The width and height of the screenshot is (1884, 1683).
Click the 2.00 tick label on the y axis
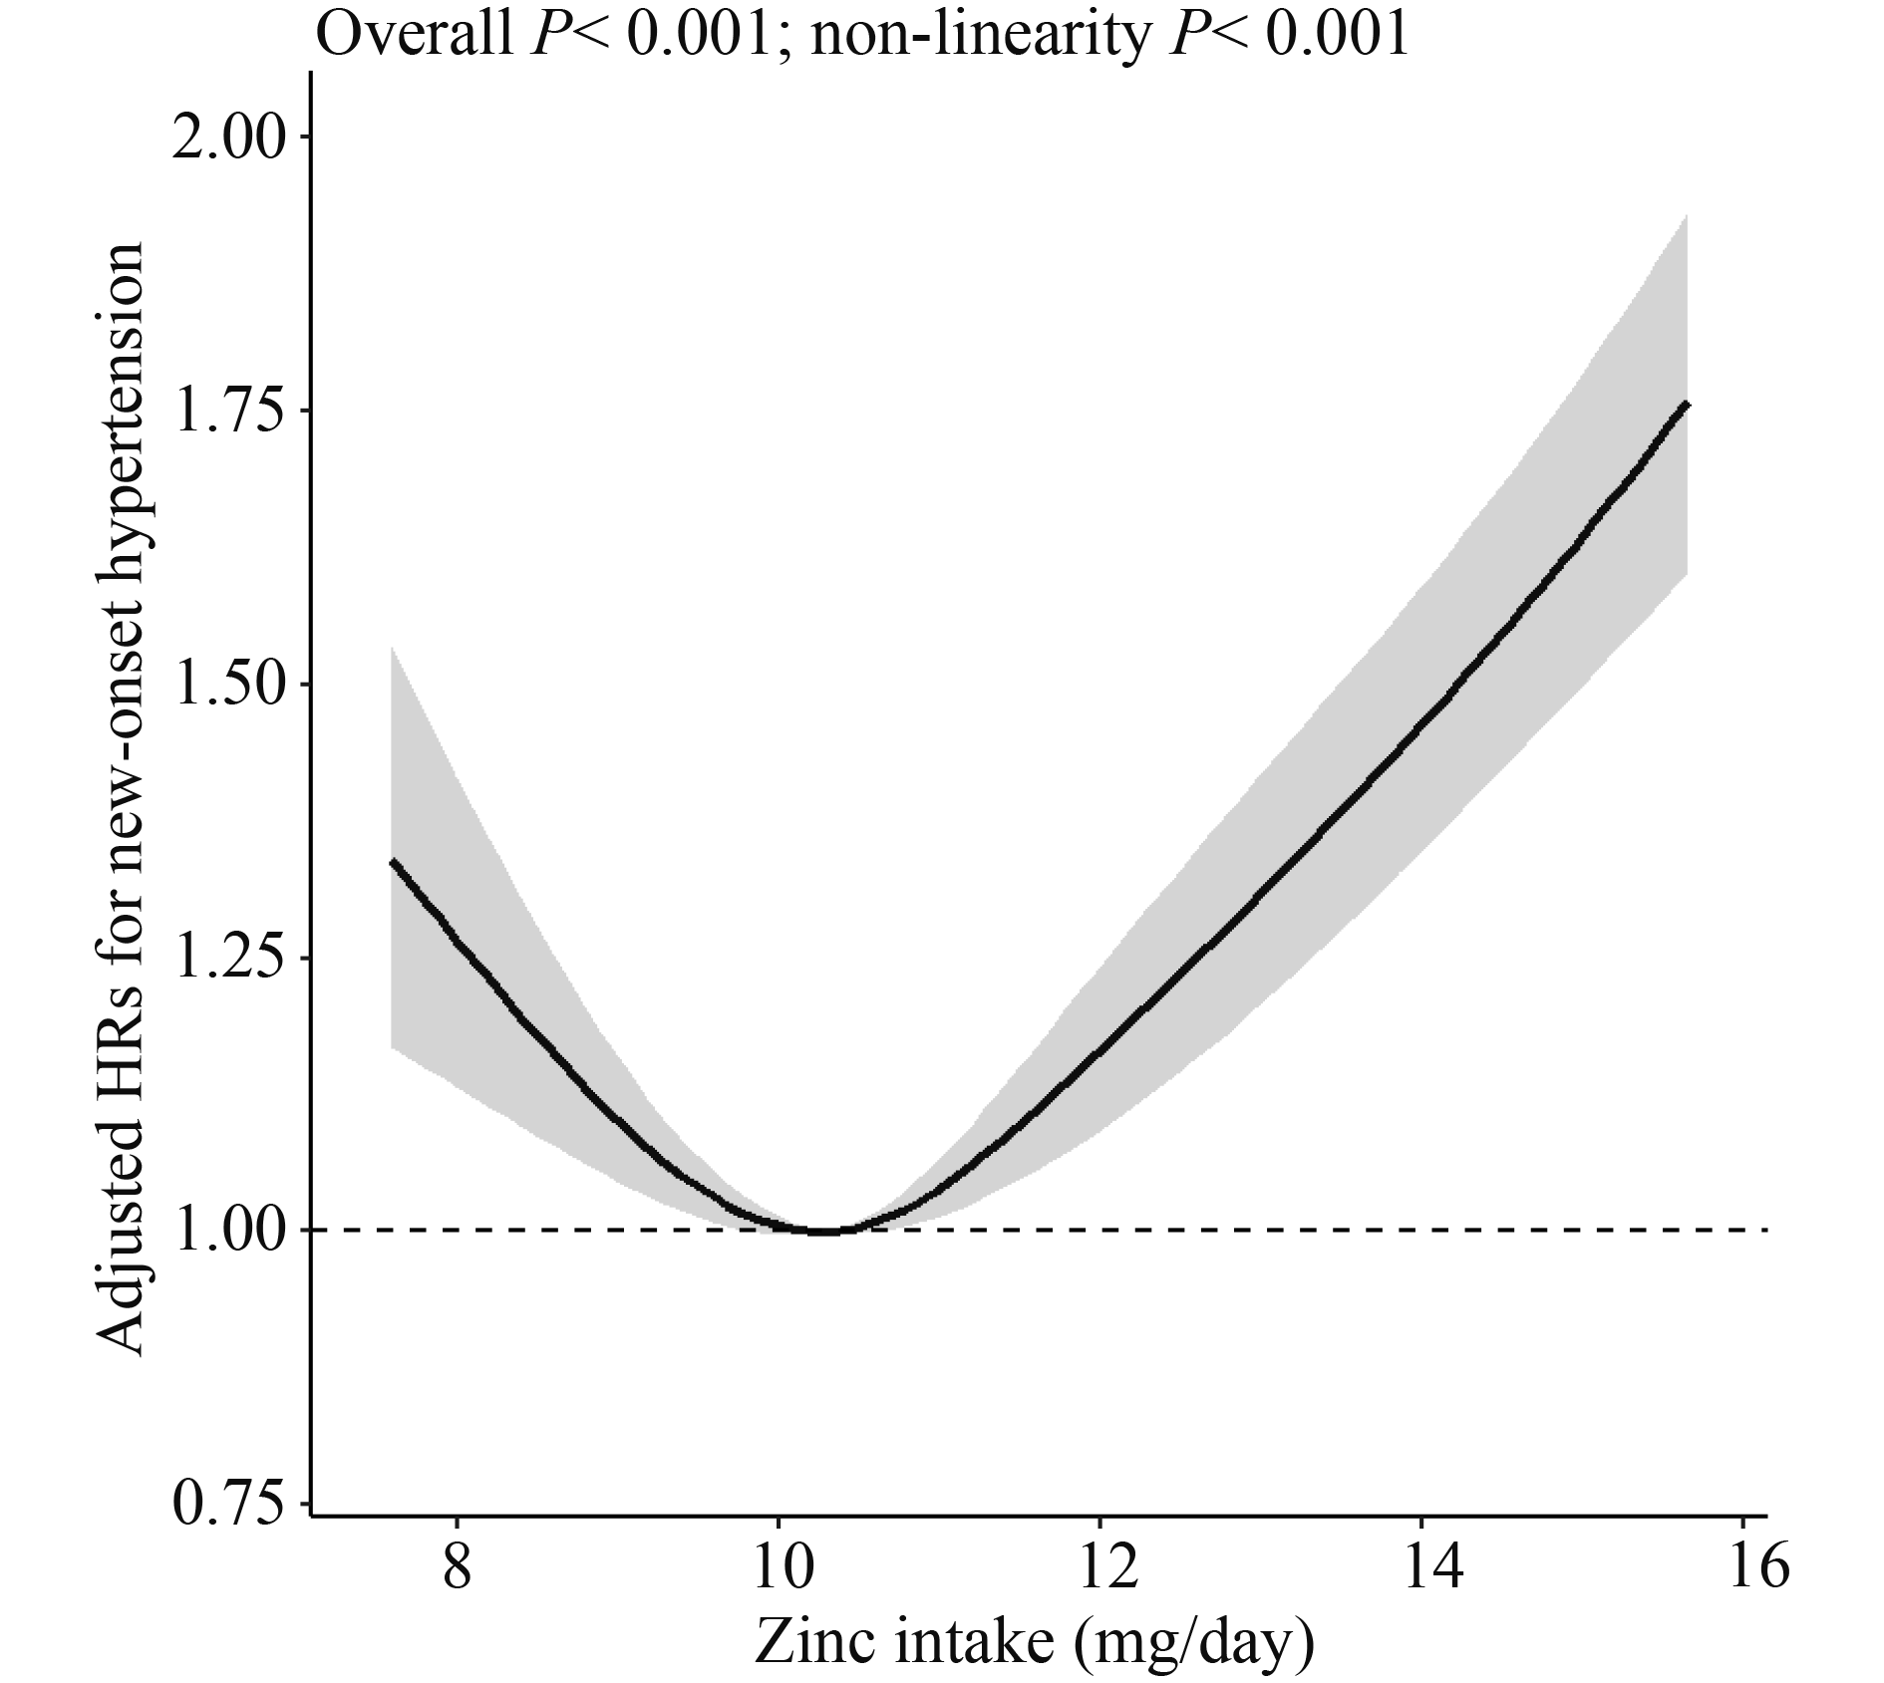[228, 138]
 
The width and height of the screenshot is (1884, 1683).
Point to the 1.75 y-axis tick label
[228, 412]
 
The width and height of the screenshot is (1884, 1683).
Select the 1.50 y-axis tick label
[228, 685]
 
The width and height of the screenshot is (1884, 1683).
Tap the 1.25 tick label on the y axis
[228, 958]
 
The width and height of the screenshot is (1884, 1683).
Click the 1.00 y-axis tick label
[228, 1231]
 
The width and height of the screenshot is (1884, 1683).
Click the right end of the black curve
[1686, 403]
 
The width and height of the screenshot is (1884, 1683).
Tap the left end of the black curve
[393, 861]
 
